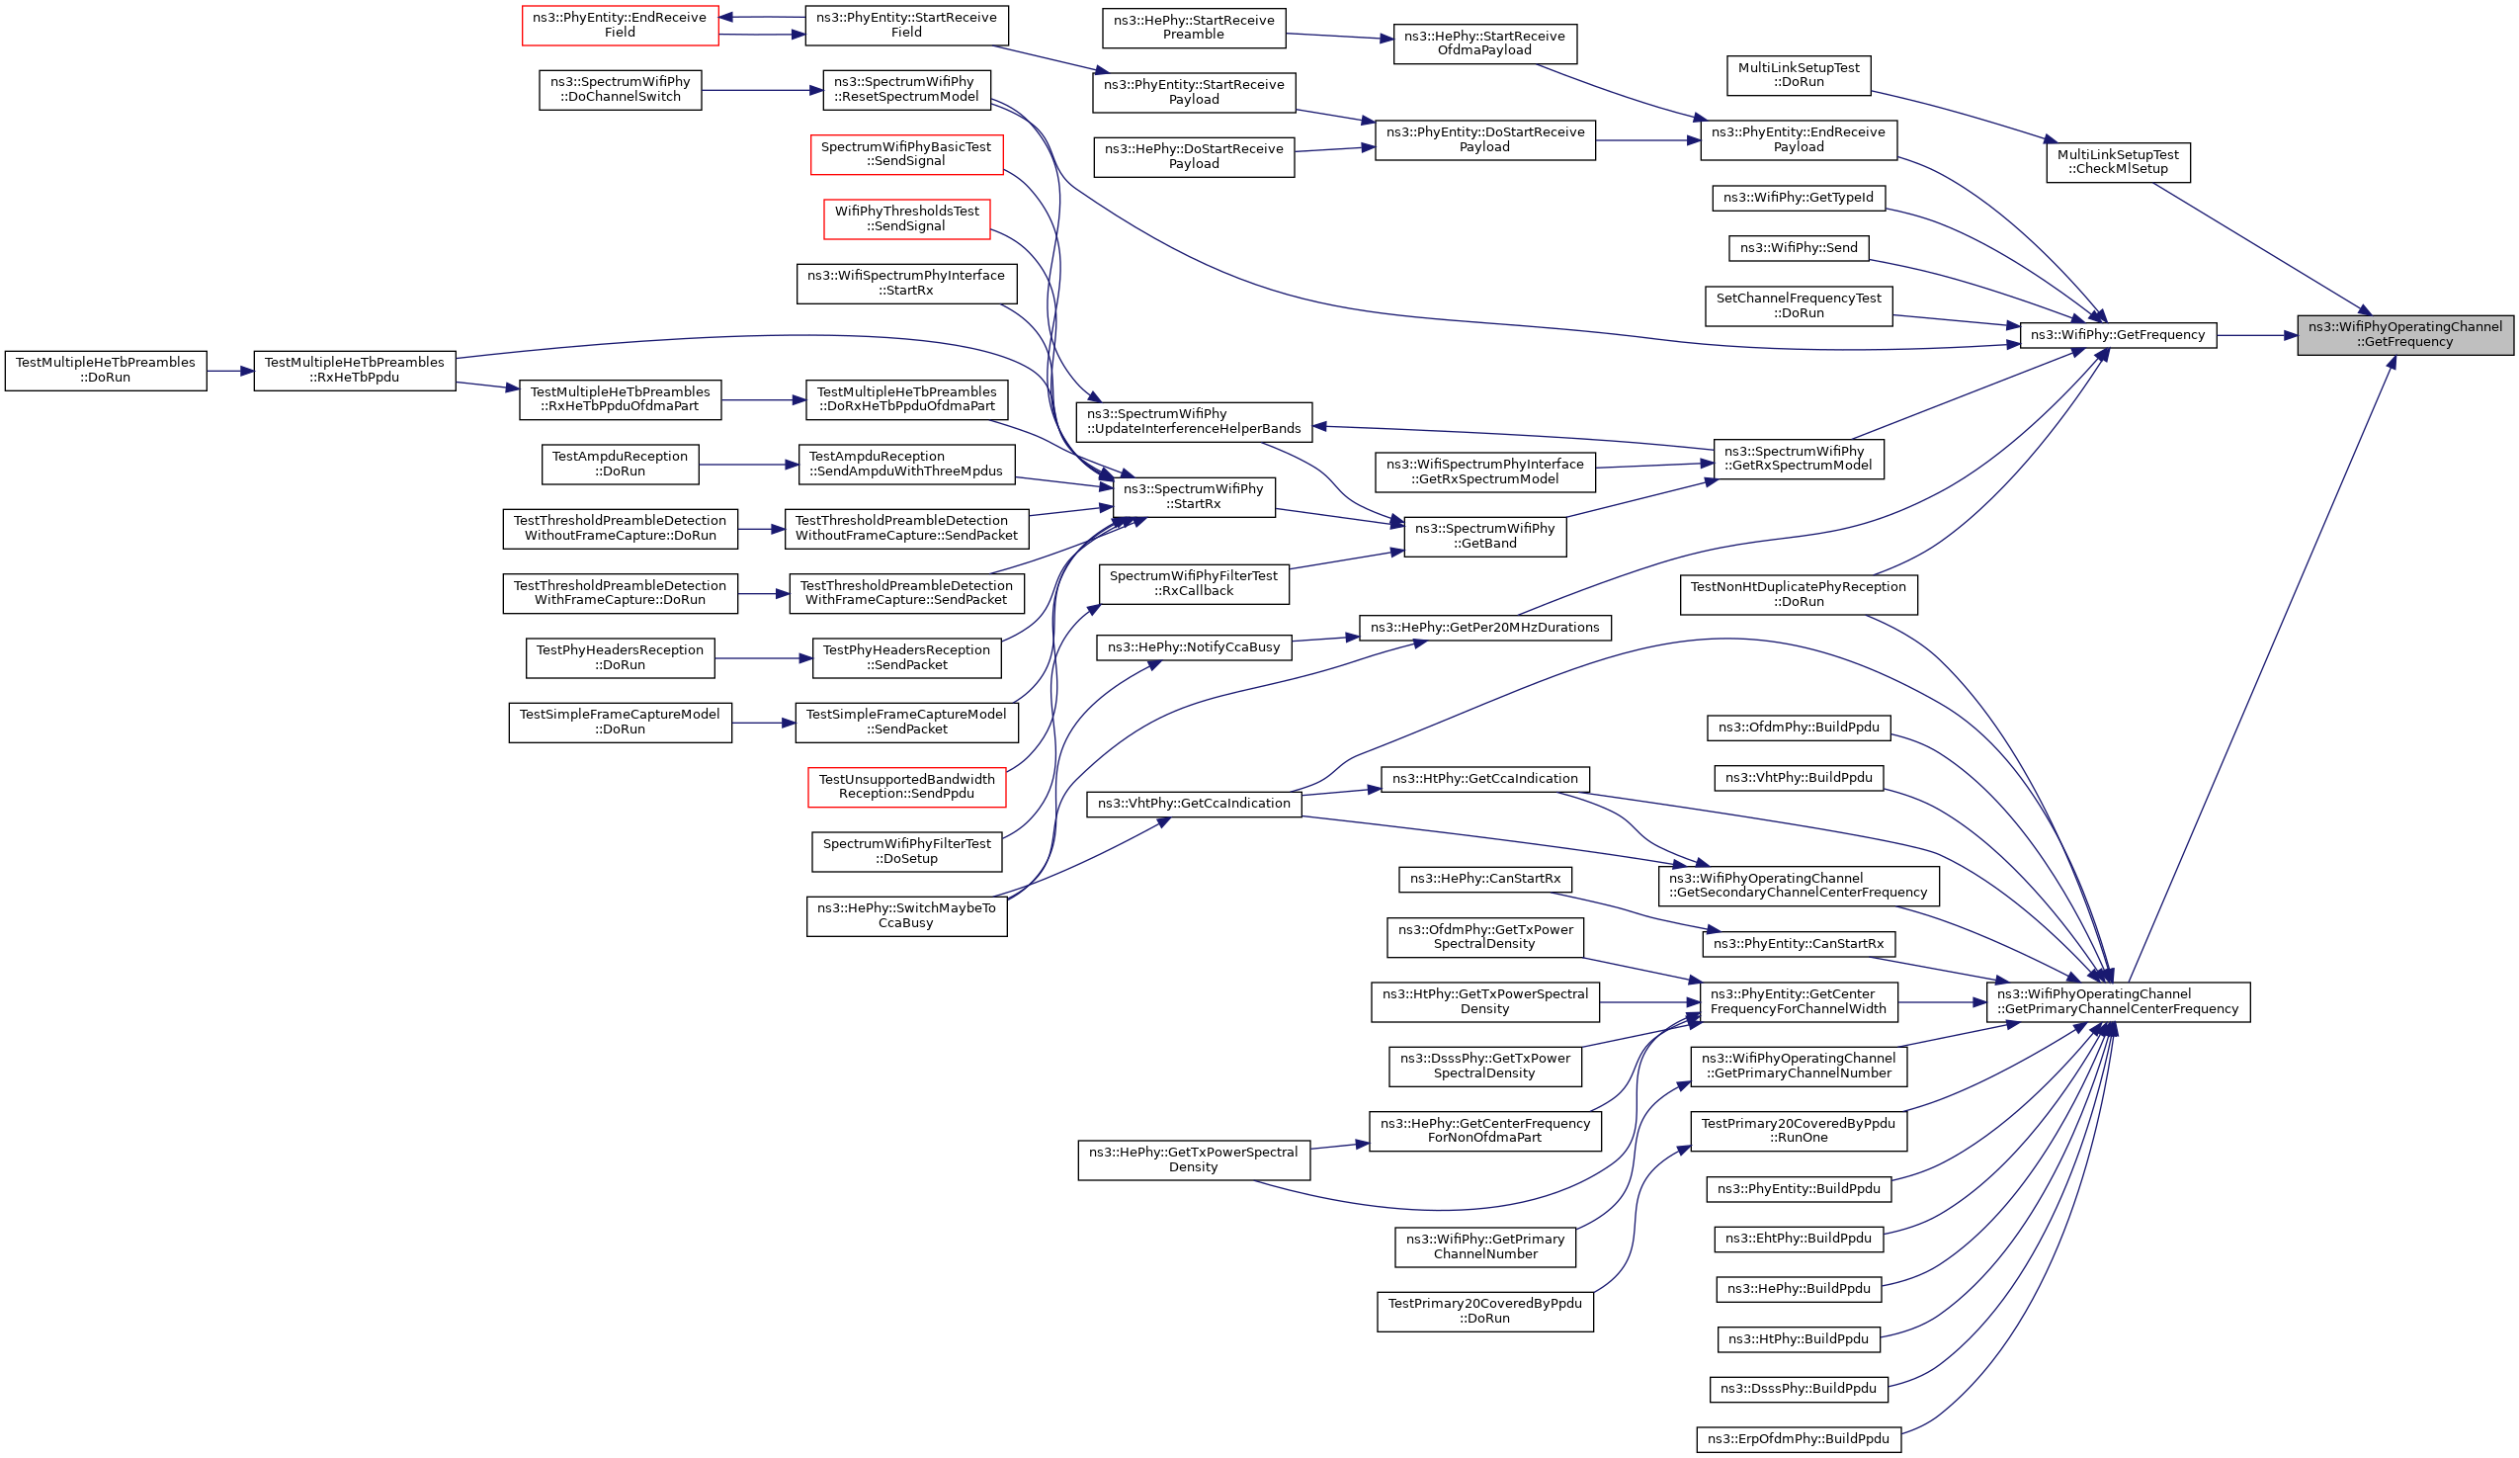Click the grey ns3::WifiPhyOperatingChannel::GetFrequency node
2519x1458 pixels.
tap(2405, 335)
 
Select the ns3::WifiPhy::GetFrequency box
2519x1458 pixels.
tap(2118, 335)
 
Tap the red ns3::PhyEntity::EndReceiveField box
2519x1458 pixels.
tap(620, 25)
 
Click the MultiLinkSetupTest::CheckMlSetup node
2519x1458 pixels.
tap(2118, 162)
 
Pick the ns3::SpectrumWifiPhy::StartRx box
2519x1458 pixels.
tap(1194, 497)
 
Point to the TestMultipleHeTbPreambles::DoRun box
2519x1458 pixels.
tap(106, 370)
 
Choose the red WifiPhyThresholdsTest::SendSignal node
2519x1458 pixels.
tap(906, 219)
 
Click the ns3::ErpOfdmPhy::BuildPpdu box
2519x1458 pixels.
tap(1799, 1440)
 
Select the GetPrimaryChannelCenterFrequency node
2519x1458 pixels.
tap(2118, 1002)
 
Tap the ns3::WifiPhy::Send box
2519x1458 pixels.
tap(1799, 248)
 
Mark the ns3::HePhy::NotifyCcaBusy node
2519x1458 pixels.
tap(1194, 648)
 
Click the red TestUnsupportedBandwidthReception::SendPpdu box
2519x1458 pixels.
tap(906, 787)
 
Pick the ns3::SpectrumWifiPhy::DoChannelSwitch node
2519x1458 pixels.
tap(620, 90)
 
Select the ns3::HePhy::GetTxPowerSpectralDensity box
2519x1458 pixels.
tap(1194, 1160)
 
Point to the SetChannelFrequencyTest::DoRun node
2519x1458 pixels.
tap(1799, 306)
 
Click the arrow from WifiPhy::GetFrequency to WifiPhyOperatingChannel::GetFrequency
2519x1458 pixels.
tap(2257, 335)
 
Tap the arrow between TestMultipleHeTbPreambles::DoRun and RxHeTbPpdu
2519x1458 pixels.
tap(230, 370)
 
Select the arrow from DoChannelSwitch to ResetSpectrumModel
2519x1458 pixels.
tap(762, 90)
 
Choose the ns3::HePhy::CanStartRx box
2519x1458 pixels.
tap(1484, 879)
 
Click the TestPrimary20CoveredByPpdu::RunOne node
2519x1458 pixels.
tap(1799, 1131)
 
